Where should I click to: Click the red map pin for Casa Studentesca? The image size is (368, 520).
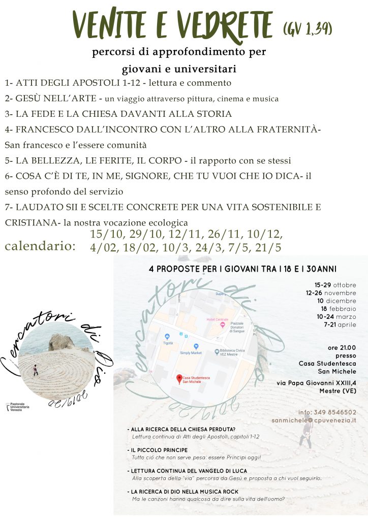pyautogui.click(x=178, y=378)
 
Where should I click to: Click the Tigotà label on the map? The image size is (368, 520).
pyautogui.click(x=168, y=343)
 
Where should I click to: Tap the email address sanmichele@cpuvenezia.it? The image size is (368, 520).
pyautogui.click(x=314, y=420)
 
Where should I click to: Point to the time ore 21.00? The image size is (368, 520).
pyautogui.click(x=342, y=347)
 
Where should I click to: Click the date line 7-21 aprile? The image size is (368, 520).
pyautogui.click(x=338, y=324)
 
